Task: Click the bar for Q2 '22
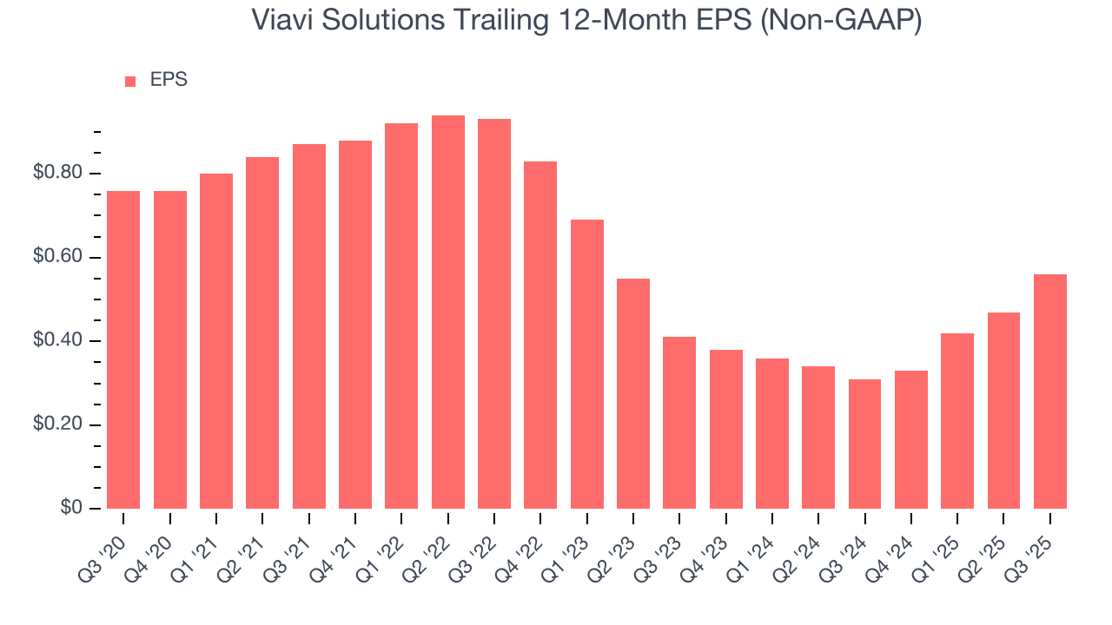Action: pos(448,312)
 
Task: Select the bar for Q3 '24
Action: pos(865,444)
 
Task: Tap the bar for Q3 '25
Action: pos(1050,391)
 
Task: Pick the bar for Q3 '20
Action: pos(123,350)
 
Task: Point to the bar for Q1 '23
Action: pos(587,364)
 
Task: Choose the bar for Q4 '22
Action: pos(540,335)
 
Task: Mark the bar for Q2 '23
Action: pos(633,393)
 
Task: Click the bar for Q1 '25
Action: pos(957,421)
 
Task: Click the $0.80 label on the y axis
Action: pos(58,174)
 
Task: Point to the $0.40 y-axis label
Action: pos(58,341)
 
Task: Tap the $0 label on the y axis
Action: pos(72,509)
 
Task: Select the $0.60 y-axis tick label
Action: pos(58,258)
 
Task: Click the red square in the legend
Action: pos(130,81)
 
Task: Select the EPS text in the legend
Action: pos(169,80)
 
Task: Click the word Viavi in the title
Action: pos(279,21)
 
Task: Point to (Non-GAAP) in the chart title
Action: pos(841,21)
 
